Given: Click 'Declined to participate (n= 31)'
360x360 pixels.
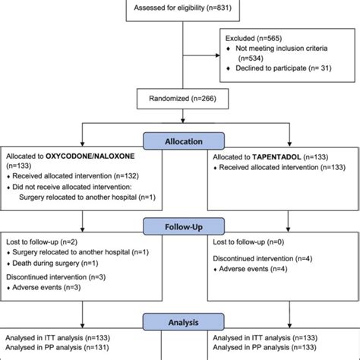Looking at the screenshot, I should point(282,68).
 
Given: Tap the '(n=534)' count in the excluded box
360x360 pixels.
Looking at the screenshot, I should point(255,57).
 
